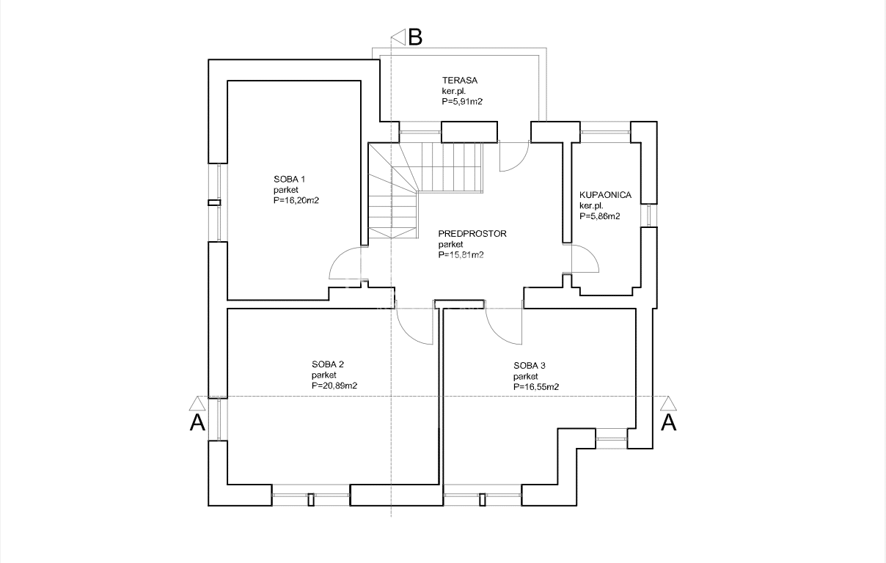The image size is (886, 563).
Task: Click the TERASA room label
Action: click(460, 80)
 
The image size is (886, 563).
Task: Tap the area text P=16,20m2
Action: click(296, 200)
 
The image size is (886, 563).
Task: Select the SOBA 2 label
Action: click(328, 364)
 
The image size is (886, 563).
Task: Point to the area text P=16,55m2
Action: click(536, 387)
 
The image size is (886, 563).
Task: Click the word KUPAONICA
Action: click(606, 195)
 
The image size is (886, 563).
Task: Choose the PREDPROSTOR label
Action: click(472, 234)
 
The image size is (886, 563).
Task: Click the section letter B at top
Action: click(415, 37)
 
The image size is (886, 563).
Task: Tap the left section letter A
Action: click(198, 423)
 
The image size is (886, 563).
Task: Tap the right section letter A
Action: click(669, 423)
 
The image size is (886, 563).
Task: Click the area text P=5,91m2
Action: click(462, 102)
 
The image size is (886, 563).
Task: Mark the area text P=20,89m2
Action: click(334, 386)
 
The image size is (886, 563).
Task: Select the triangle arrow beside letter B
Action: click(398, 37)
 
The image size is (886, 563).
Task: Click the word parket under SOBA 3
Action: click(526, 376)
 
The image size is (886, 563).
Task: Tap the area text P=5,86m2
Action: click(600, 216)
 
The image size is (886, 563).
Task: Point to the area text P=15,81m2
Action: click(461, 255)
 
